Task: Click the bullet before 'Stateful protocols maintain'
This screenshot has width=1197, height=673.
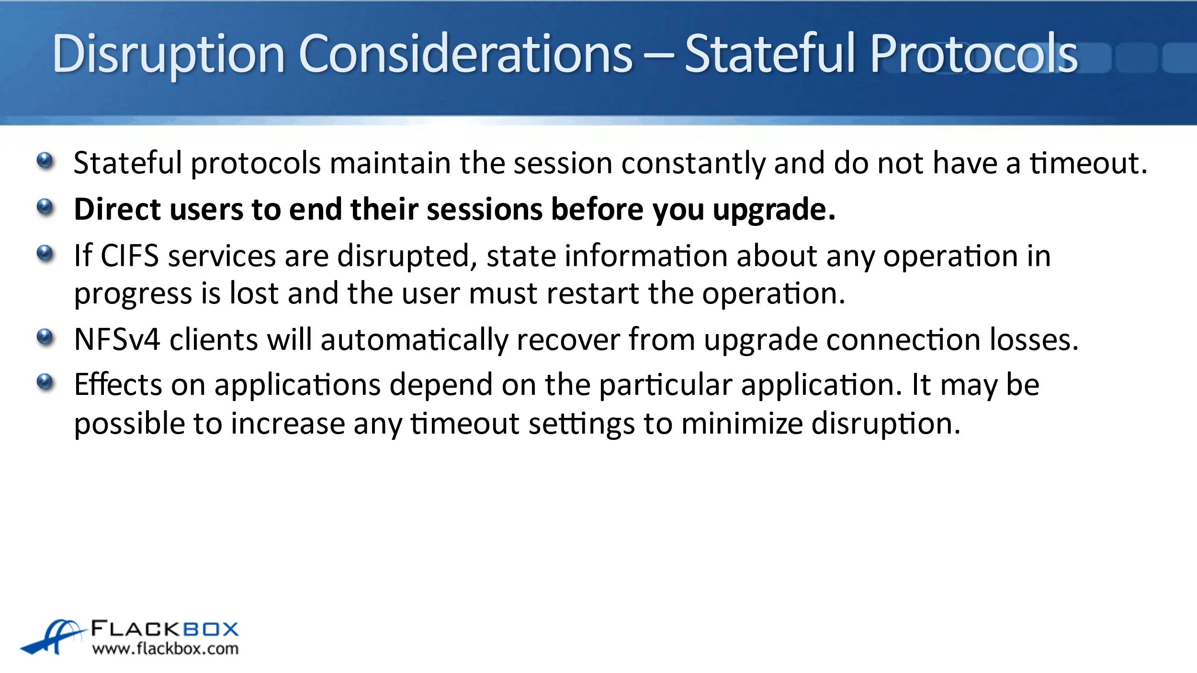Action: [x=45, y=161]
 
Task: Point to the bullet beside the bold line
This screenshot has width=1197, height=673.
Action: [x=45, y=207]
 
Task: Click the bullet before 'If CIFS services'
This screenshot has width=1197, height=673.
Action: [x=45, y=254]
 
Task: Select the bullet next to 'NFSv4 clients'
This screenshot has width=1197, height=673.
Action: [x=45, y=337]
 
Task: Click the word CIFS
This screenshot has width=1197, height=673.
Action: [x=129, y=256]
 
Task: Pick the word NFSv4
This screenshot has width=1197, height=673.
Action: [x=117, y=339]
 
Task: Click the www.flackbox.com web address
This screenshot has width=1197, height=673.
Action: [x=165, y=649]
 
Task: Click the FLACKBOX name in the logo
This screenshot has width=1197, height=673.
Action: [x=165, y=628]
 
